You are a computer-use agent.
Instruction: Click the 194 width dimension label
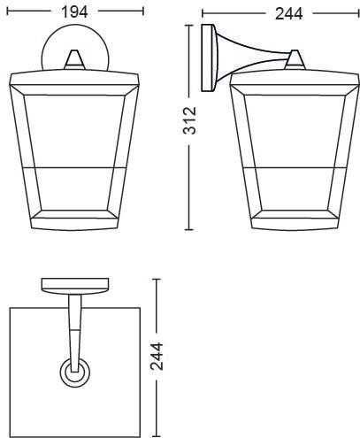click(x=74, y=12)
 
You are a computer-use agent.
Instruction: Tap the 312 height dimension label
click(x=189, y=120)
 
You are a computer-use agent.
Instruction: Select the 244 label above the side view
click(x=288, y=14)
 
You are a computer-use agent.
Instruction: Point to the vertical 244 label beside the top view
click(x=157, y=357)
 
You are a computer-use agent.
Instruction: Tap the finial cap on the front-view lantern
click(x=75, y=59)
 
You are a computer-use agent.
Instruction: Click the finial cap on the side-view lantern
click(x=295, y=60)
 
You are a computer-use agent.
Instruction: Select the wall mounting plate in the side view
click(x=209, y=58)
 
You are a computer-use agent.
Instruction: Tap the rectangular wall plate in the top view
click(x=75, y=284)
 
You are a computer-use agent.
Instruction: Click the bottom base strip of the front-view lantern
click(x=75, y=224)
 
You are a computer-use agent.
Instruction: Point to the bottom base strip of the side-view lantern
click(x=295, y=224)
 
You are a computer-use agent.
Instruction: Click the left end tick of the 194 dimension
click(x=7, y=12)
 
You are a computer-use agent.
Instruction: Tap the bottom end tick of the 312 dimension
click(x=189, y=229)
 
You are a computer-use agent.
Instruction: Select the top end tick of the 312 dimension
click(x=189, y=26)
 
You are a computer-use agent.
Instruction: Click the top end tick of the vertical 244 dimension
click(x=157, y=279)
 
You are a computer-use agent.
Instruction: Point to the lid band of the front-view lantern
click(x=74, y=80)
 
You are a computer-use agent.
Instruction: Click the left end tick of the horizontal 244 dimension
click(x=203, y=13)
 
